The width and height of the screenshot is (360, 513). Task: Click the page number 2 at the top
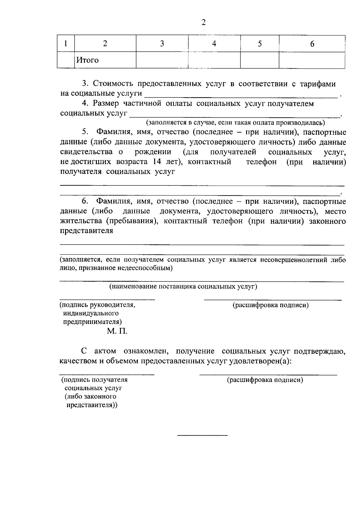click(204, 22)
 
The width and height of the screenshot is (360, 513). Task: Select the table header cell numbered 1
click(65, 44)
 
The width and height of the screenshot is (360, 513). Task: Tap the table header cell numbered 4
click(214, 44)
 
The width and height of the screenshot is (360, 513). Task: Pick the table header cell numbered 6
click(312, 44)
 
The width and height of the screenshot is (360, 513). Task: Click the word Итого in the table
click(87, 60)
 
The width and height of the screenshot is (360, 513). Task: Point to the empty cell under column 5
click(259, 60)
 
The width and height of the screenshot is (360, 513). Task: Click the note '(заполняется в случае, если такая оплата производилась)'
click(235, 122)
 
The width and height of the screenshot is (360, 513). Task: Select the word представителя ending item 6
click(87, 231)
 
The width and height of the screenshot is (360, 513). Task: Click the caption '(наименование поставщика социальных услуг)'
click(183, 286)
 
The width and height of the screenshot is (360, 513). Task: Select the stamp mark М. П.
click(116, 331)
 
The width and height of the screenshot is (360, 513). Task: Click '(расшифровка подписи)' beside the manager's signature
click(271, 305)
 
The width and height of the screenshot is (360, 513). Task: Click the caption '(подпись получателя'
click(94, 380)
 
